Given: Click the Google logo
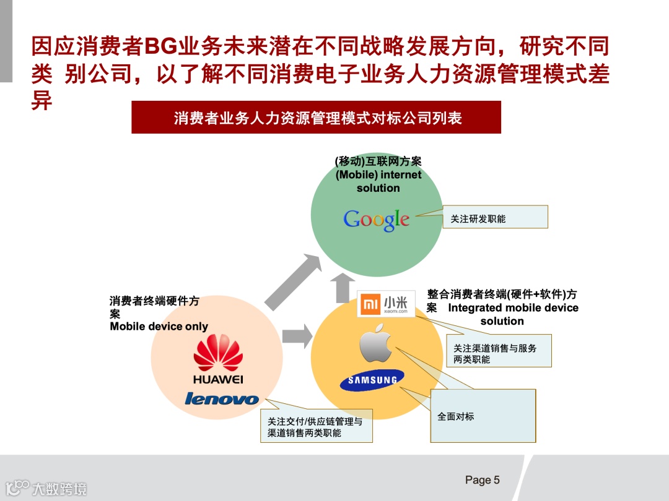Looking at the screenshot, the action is click(376, 220).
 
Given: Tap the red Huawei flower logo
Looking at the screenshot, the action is click(218, 353).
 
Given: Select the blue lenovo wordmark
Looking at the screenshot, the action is click(221, 399).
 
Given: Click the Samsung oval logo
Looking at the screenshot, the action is click(372, 380).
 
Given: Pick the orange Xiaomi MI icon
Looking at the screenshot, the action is click(370, 304).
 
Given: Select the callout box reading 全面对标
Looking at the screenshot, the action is click(483, 416).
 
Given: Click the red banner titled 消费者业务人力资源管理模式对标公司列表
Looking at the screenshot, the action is click(316, 118).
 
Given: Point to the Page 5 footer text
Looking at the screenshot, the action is click(482, 480).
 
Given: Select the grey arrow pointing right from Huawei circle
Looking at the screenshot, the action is click(297, 336).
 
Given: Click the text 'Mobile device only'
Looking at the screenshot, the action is click(159, 327).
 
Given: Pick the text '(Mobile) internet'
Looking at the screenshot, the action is click(378, 175).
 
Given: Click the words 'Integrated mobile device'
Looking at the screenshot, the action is click(513, 308).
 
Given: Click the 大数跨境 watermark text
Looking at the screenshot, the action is click(59, 489).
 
